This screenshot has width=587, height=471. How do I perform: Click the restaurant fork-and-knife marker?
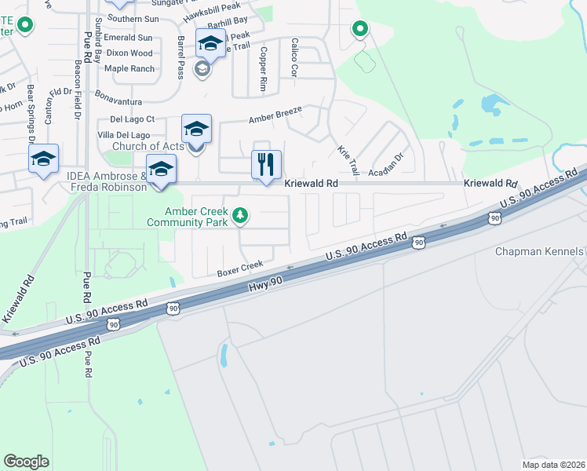pos(266,164)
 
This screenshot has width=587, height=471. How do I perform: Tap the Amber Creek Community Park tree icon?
pos(242,214)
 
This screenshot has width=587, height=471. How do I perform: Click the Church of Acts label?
pos(148,146)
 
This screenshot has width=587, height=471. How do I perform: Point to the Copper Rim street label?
pos(264,71)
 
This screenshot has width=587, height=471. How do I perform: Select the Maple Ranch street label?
pos(129,68)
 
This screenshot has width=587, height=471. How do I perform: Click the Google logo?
pos(27,461)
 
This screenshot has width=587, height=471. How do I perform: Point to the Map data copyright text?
pos(553,465)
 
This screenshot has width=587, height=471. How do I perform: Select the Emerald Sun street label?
pos(129,37)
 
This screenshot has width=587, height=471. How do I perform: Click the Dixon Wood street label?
pos(129,53)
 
